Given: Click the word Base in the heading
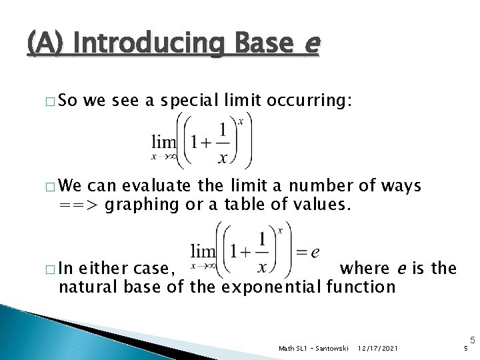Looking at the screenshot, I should pos(263,44).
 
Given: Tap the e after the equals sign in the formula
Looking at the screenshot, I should pos(315,252).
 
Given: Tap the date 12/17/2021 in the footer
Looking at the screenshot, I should pos(379,349).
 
